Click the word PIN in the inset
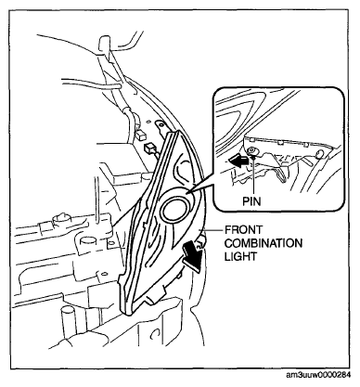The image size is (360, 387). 251,201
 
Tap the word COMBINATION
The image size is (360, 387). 264,243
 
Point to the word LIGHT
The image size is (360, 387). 240,256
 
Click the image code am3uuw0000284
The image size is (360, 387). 319,375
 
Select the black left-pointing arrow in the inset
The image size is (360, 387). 238,161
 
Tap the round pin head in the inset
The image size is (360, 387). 252,151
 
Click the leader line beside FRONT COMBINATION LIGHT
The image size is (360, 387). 212,230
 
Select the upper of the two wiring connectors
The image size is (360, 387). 140,135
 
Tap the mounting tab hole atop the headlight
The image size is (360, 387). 160,124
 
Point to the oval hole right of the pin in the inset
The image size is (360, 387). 320,154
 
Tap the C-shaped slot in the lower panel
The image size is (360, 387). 155,334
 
